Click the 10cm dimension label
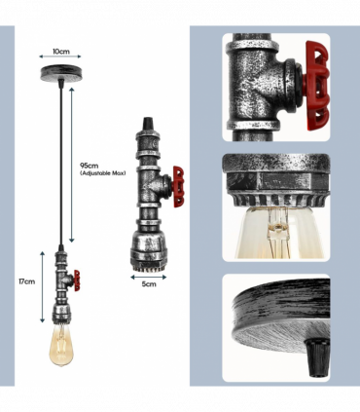pyautogui.click(x=61, y=52)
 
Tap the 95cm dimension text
pyautogui.click(x=90, y=166)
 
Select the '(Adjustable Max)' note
pyautogui.click(x=103, y=173)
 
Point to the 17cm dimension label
pyautogui.click(x=26, y=281)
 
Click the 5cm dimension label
pyautogui.click(x=149, y=284)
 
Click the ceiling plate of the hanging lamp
pyautogui.click(x=60, y=72)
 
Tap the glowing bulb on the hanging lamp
pyautogui.click(x=61, y=345)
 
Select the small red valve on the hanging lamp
pyautogui.click(x=77, y=281)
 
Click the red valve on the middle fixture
pyautogui.click(x=178, y=187)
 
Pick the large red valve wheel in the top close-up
pyautogui.click(x=317, y=86)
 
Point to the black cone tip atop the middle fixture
pyautogui.click(x=148, y=123)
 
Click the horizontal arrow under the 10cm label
pyautogui.click(x=60, y=56)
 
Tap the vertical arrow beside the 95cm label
pyautogui.click(x=72, y=165)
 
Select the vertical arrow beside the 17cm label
pyautogui.click(x=42, y=287)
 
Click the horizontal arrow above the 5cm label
pyautogui.click(x=149, y=278)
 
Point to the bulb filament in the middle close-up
pyautogui.click(x=276, y=231)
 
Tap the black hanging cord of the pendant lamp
pyautogui.click(x=60, y=164)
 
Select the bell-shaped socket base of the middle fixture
pyautogui.click(x=149, y=251)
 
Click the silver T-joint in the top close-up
pyautogui.click(x=260, y=86)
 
